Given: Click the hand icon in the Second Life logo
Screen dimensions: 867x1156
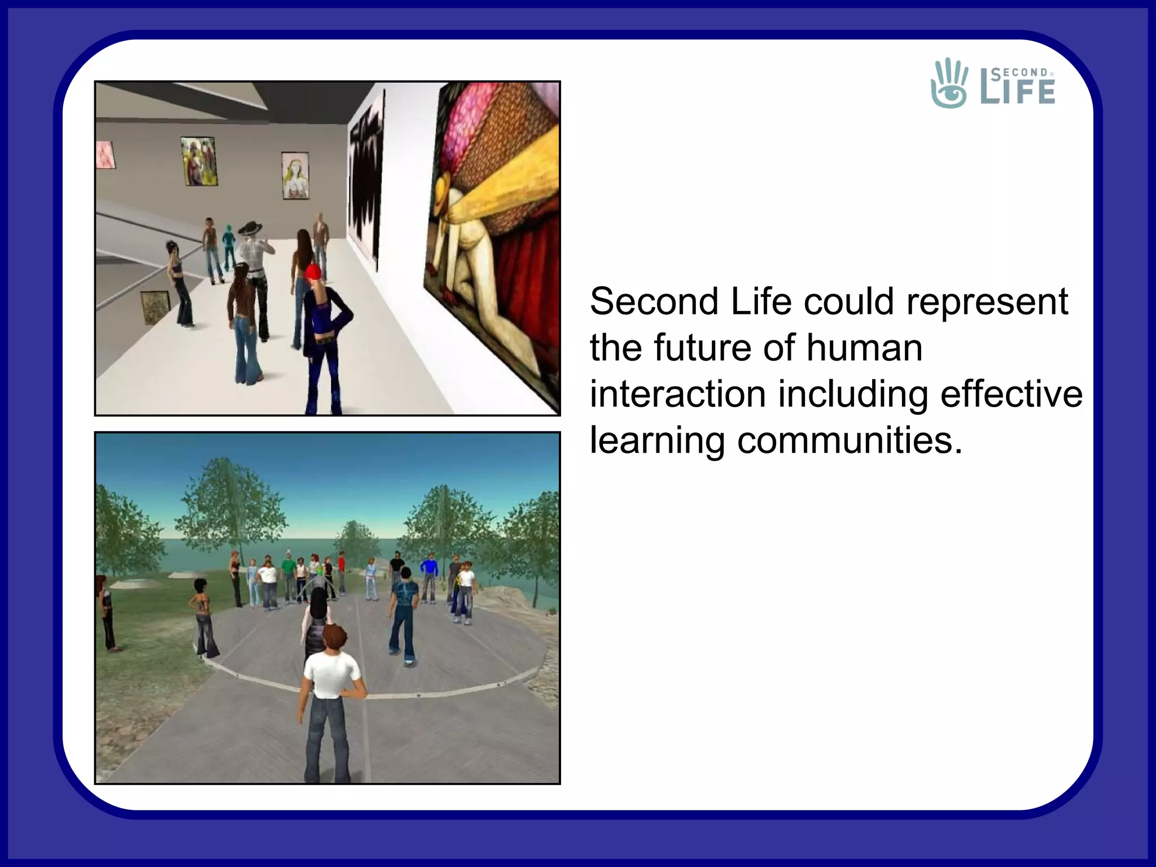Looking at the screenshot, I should click(x=949, y=84).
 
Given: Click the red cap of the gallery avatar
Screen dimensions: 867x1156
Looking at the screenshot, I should click(x=314, y=272).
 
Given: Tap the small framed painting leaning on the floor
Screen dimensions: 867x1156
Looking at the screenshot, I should click(x=155, y=307).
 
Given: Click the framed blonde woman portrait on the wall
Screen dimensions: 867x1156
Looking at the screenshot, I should click(x=295, y=176).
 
